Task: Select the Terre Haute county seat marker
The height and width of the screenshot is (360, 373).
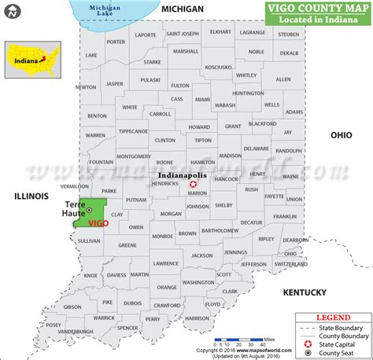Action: point(90,210)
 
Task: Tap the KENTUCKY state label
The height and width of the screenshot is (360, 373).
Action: point(305,292)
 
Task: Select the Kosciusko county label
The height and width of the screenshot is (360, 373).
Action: point(218,68)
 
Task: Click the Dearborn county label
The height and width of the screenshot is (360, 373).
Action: point(295,240)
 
